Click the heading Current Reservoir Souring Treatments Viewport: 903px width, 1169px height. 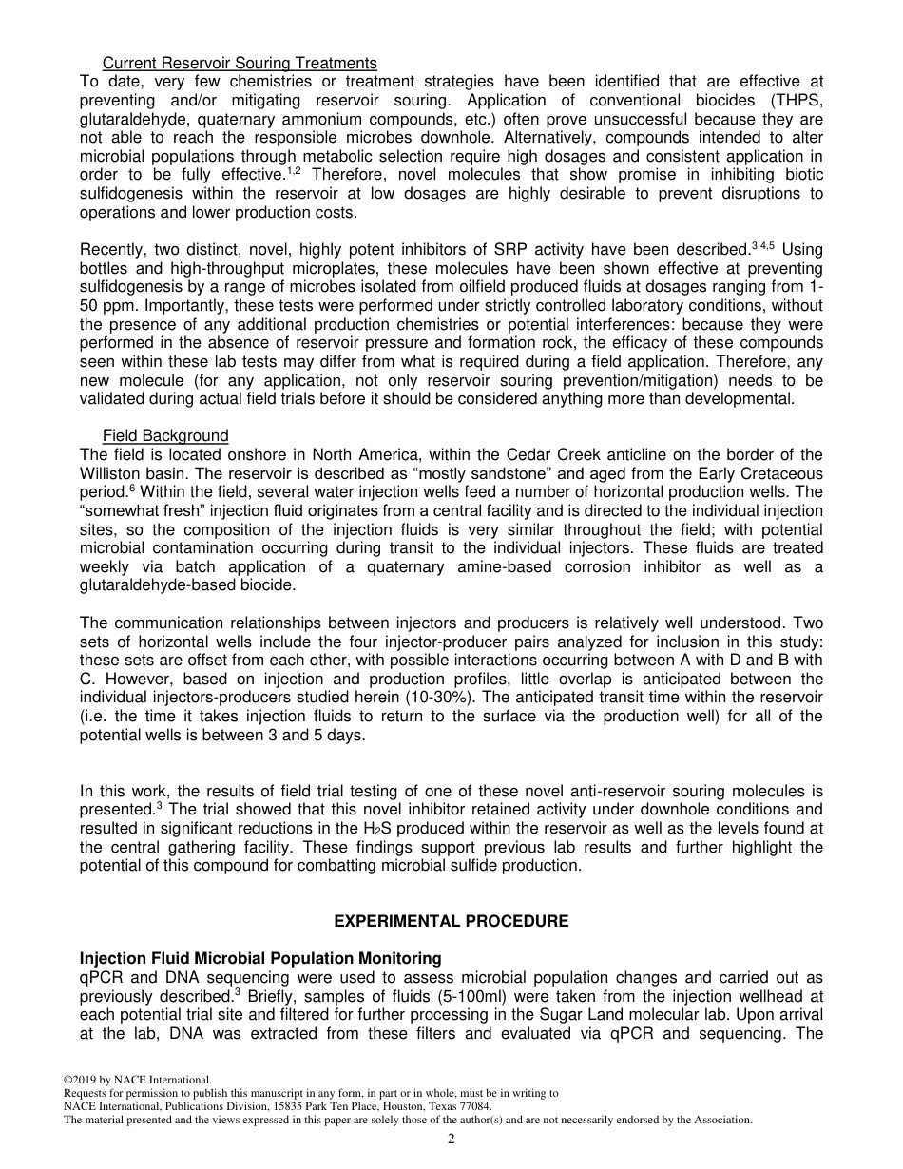pos(240,64)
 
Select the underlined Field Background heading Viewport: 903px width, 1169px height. pos(165,436)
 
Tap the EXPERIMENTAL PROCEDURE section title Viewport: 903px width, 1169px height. pos(451,922)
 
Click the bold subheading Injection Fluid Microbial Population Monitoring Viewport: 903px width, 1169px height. pos(260,958)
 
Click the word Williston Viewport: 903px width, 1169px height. pos(114,473)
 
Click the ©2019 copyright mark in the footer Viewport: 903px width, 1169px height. pos(84,1080)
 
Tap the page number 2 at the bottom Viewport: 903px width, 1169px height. pos(451,1140)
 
